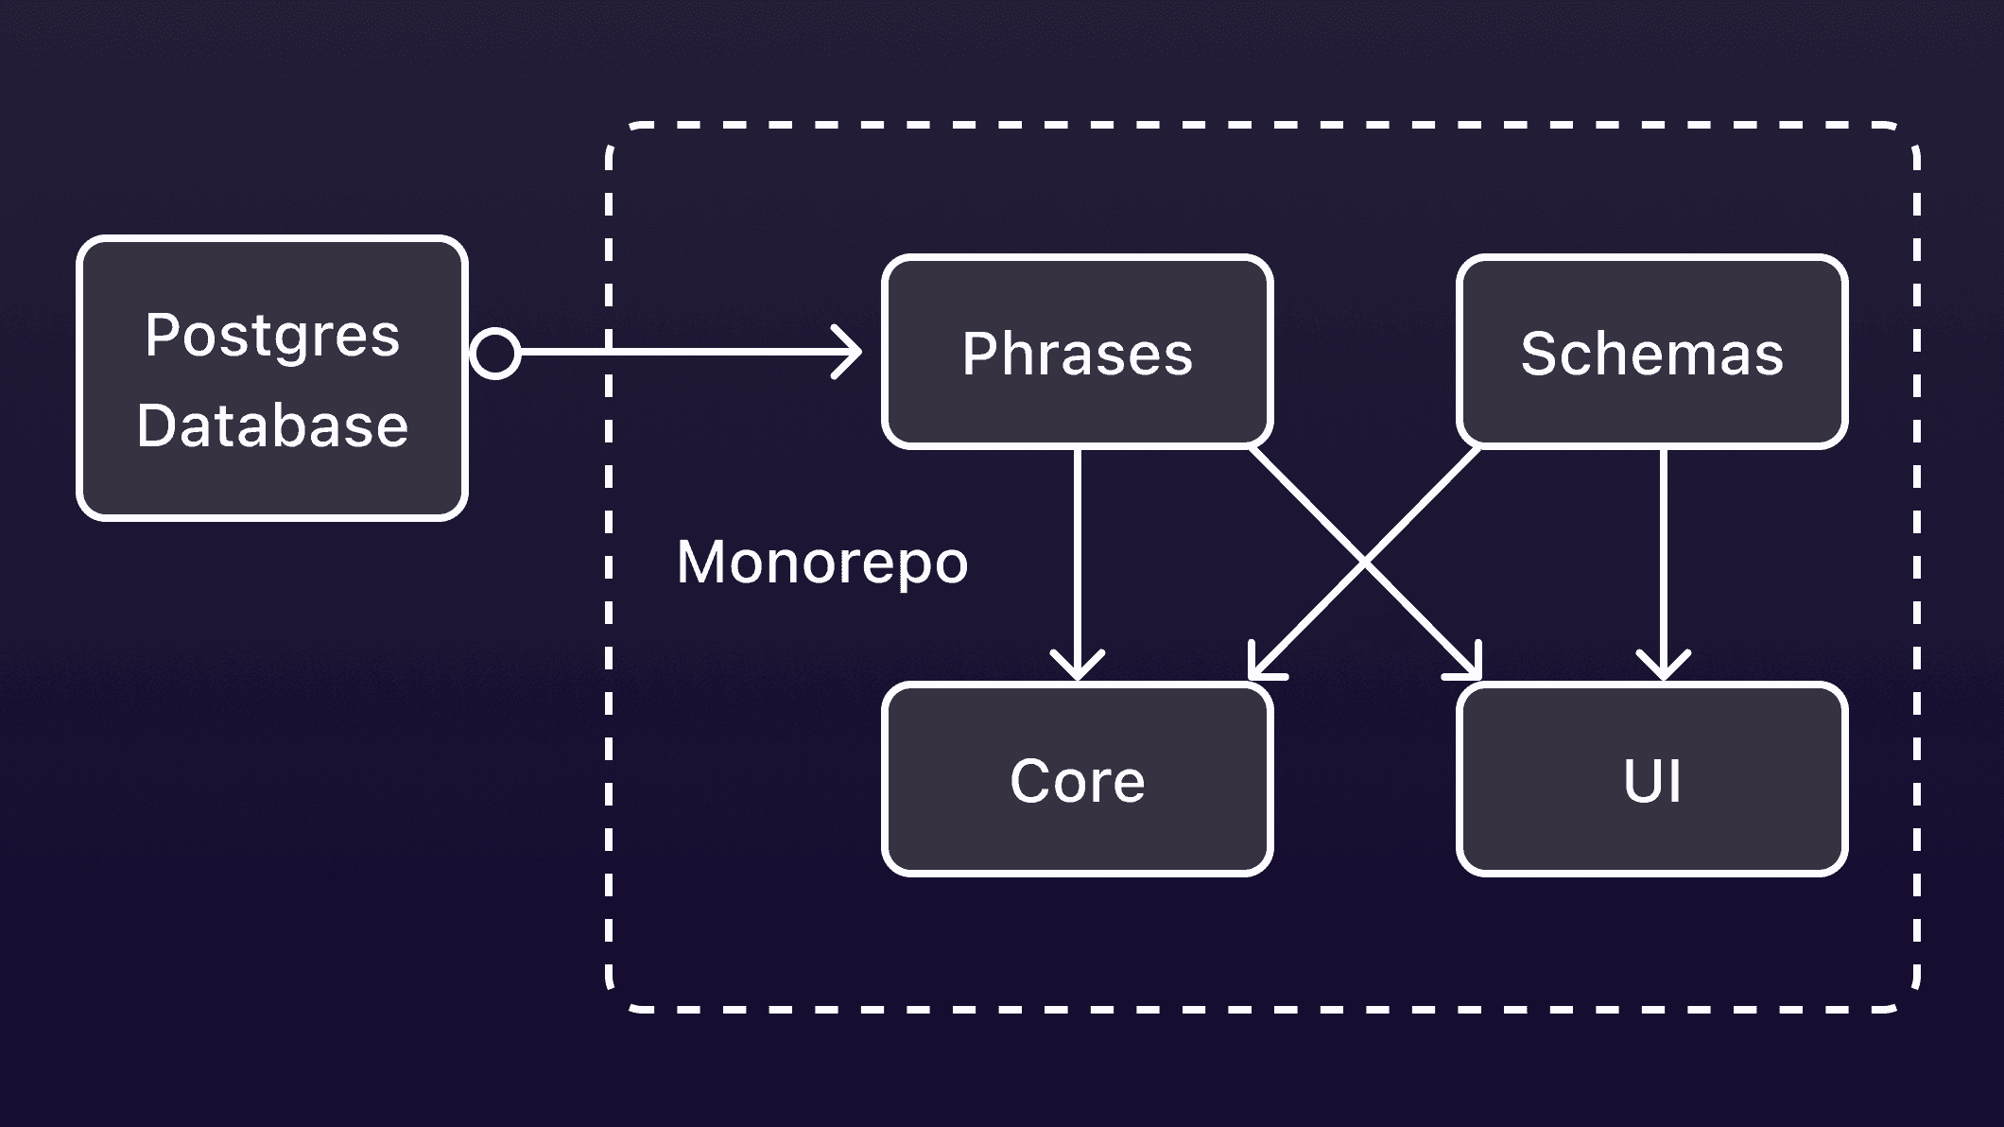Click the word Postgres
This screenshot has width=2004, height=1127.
272,337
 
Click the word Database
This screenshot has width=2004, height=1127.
272,425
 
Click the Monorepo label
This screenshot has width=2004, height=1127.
822,563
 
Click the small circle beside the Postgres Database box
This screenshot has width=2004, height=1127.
495,353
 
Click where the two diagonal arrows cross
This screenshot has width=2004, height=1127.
1365,563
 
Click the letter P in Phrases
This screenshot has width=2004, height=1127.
979,354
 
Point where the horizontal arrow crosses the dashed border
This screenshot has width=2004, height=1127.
609,352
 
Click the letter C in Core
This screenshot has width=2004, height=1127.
1028,781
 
